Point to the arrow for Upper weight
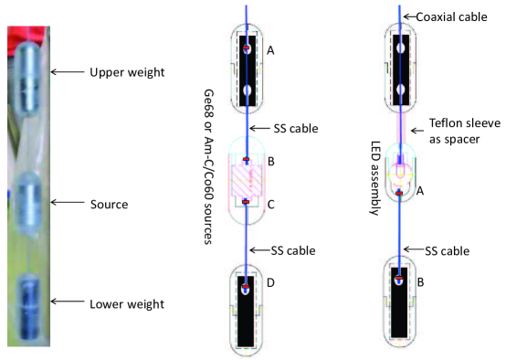66,70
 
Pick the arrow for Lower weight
66,302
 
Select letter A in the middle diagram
270,52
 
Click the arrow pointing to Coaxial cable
409,16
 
